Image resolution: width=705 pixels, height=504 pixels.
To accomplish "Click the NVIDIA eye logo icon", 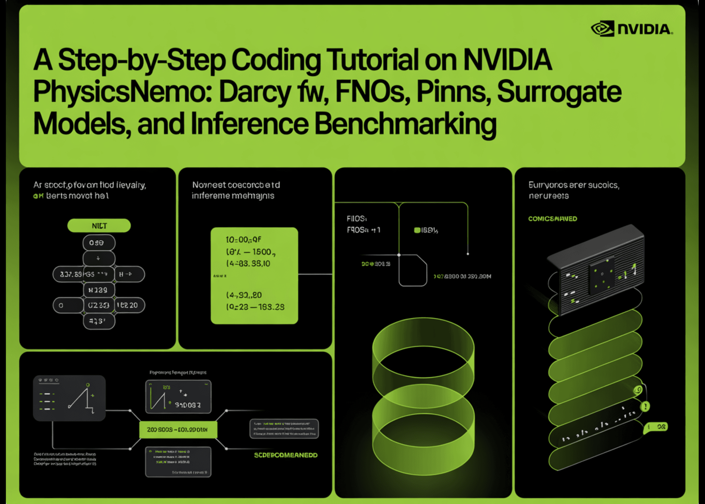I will [x=602, y=29].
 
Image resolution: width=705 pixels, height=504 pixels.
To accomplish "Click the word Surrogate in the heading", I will [x=559, y=92].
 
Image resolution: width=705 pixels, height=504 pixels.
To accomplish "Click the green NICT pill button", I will [x=99, y=226].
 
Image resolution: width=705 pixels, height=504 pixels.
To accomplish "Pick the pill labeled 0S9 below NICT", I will [x=99, y=243].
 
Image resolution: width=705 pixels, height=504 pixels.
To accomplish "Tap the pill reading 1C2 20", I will [x=129, y=305].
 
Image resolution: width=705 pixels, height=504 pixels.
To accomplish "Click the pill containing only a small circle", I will [x=68, y=305].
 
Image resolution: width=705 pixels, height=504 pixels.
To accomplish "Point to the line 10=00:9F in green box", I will [x=243, y=240].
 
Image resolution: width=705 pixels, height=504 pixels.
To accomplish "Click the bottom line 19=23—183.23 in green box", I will [x=255, y=307].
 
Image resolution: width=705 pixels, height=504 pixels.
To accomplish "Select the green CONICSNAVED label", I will [x=552, y=219].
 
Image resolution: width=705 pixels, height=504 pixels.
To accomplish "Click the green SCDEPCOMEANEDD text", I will [x=285, y=455].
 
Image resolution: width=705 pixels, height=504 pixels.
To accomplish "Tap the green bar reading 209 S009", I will [x=178, y=430].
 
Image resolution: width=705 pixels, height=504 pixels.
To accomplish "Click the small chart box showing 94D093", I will [x=178, y=397].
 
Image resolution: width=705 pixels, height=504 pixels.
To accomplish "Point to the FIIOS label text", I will [x=356, y=219].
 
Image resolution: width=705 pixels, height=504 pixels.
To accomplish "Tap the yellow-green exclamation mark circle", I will [x=645, y=406].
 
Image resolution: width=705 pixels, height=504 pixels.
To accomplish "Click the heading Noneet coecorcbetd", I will [x=236, y=185].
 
